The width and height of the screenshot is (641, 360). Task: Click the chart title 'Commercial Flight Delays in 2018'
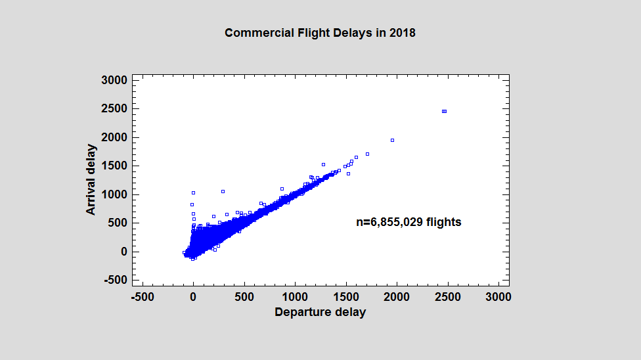click(320, 33)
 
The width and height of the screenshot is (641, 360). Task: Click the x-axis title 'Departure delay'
click(320, 312)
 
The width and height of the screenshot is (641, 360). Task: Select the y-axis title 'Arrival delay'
click(92, 180)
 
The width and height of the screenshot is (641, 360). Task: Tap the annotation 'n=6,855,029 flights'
click(409, 223)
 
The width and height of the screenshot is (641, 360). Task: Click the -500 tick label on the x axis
click(143, 297)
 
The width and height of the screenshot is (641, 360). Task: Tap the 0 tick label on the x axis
click(193, 297)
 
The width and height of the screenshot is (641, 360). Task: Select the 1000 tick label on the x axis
click(295, 297)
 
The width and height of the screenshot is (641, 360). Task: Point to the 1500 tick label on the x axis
click(345, 297)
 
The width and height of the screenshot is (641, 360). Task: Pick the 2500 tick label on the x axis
click(447, 297)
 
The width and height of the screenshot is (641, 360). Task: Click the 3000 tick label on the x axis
click(498, 297)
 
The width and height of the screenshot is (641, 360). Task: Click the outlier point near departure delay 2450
click(444, 112)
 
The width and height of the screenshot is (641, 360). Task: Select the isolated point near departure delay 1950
click(392, 140)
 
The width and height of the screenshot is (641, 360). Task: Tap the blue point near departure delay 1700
click(367, 154)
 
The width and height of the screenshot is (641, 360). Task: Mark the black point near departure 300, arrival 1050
click(223, 191)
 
